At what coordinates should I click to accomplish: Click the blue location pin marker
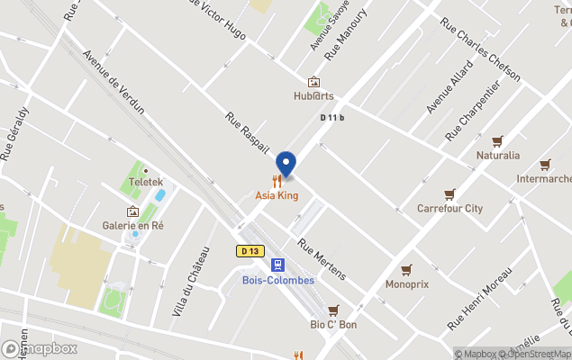pyautogui.click(x=286, y=164)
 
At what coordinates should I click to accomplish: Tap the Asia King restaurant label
pyautogui.click(x=277, y=195)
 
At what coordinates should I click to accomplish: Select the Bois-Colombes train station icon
pyautogui.click(x=278, y=264)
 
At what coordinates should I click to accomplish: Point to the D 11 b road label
pyautogui.click(x=332, y=118)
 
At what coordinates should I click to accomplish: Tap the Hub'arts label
pyautogui.click(x=313, y=95)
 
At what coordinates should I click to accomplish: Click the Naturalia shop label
pyautogui.click(x=497, y=155)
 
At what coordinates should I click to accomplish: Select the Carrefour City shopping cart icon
pyautogui.click(x=449, y=193)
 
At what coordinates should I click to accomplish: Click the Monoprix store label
pyautogui.click(x=406, y=283)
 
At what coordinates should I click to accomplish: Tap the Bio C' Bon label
pyautogui.click(x=333, y=324)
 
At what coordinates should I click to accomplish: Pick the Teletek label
pyautogui.click(x=144, y=181)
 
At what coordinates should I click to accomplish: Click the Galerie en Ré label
pyautogui.click(x=132, y=226)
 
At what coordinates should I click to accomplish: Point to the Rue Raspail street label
pyautogui.click(x=247, y=132)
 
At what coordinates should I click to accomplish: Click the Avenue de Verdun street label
pyautogui.click(x=113, y=81)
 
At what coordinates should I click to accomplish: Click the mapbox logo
pyautogui.click(x=40, y=348)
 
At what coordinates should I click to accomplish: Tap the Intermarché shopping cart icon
pyautogui.click(x=545, y=165)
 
